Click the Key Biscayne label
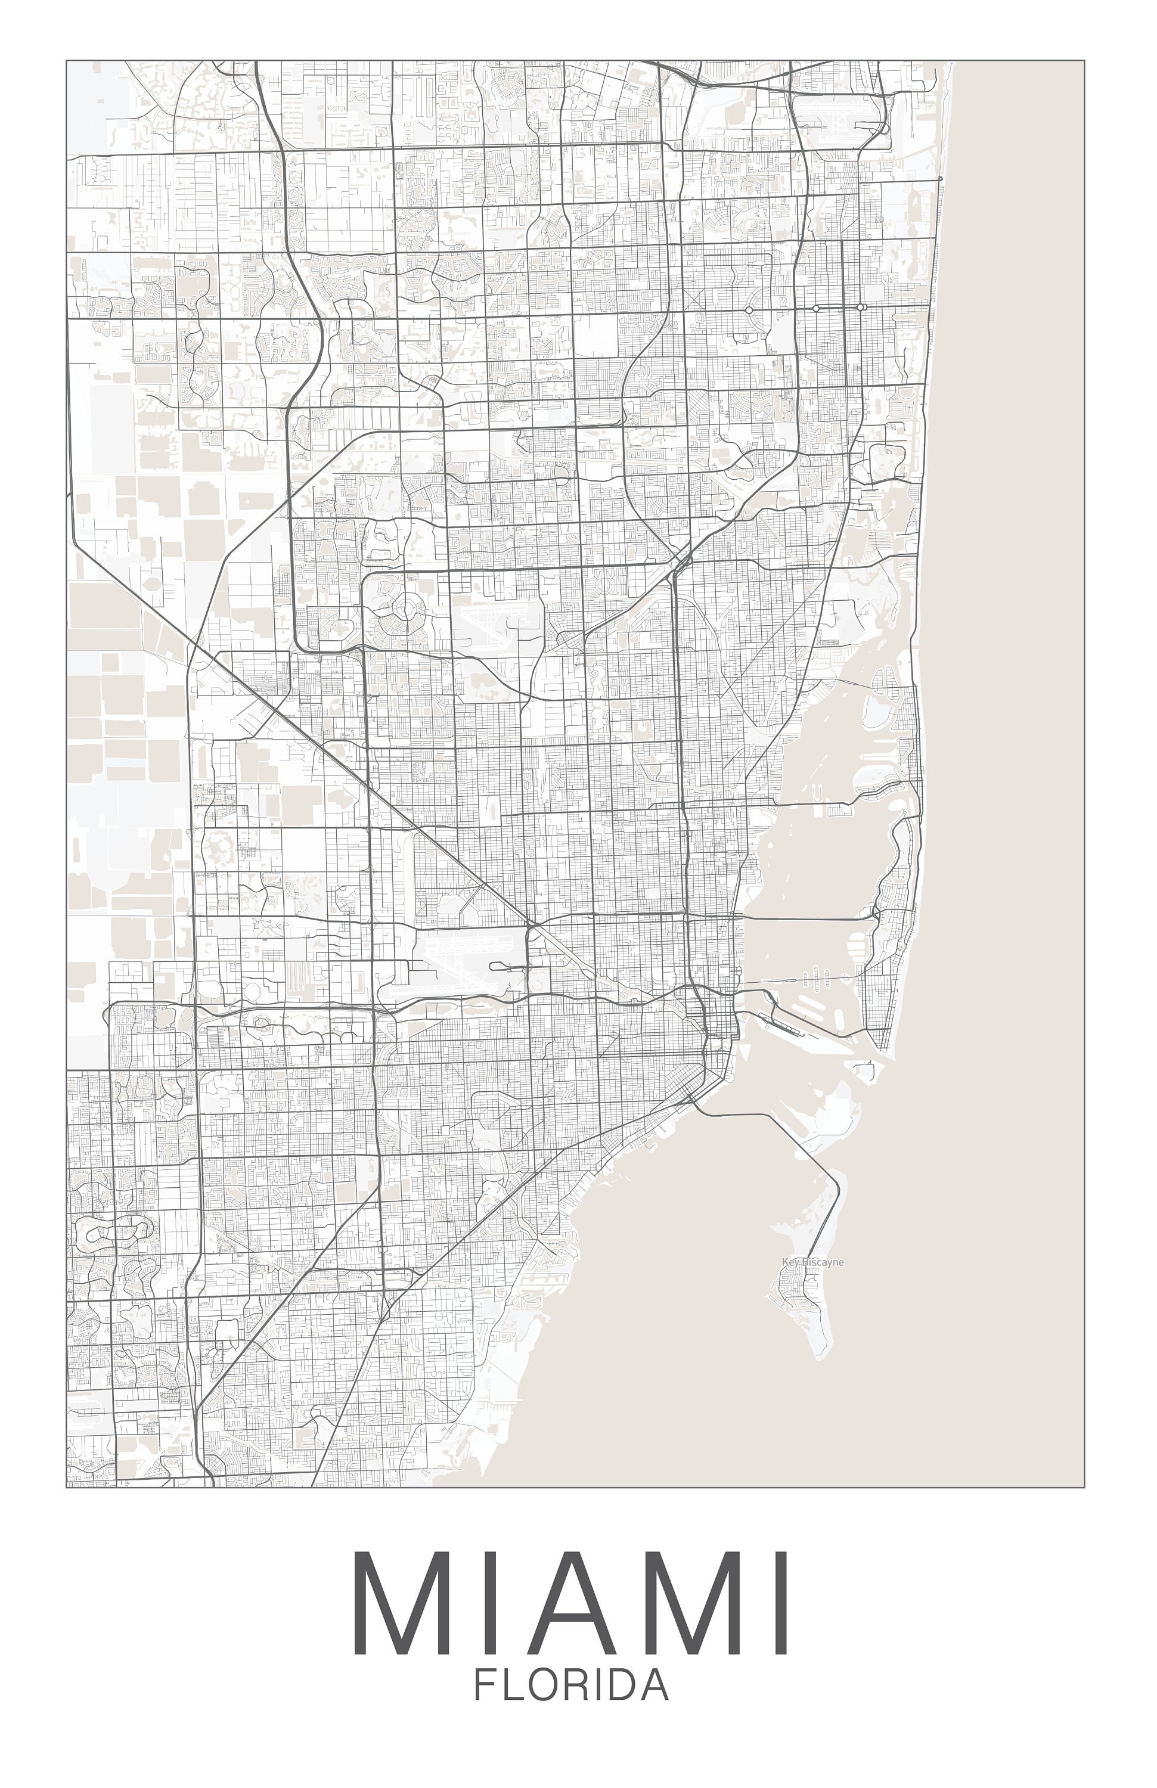(812, 1262)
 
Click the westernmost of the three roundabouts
(749, 309)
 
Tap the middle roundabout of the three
(816, 308)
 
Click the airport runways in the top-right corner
(834, 120)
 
